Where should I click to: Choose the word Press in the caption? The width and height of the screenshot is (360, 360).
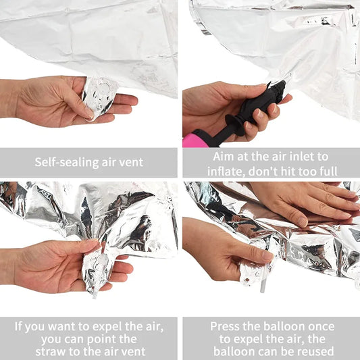[x=228, y=326]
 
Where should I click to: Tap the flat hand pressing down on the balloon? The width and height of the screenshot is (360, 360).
[x=304, y=203]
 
